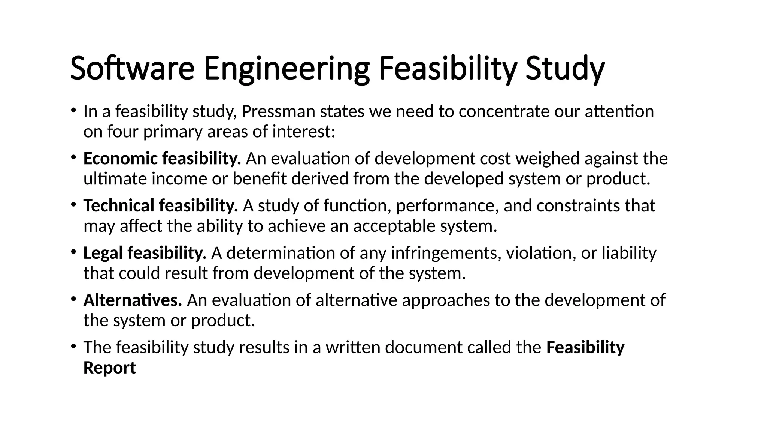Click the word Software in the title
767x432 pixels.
pyautogui.click(x=132, y=68)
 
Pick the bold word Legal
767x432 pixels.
pyautogui.click(x=103, y=253)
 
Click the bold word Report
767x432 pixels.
pyautogui.click(x=109, y=367)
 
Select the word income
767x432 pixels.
pyautogui.click(x=179, y=179)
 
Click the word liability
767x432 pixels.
pyautogui.click(x=629, y=253)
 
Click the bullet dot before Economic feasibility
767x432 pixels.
pyautogui.click(x=74, y=157)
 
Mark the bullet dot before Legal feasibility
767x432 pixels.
pyautogui.click(x=74, y=252)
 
